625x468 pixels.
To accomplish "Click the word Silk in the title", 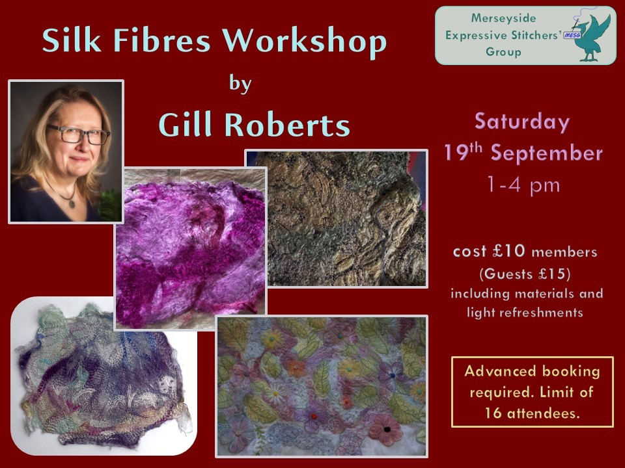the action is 72,40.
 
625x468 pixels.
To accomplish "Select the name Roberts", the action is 287,124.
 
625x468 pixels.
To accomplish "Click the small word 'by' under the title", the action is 240,83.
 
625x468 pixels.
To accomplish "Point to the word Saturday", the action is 522,122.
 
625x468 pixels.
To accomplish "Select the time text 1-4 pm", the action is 523,185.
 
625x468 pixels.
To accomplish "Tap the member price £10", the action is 509,251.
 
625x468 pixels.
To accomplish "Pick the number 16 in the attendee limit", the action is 493,413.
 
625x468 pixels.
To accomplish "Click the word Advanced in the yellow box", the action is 499,371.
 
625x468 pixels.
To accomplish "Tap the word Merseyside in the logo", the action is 503,18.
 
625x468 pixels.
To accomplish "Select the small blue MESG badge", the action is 572,36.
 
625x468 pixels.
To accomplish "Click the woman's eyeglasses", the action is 78,134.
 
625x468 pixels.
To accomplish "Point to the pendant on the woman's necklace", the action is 72,203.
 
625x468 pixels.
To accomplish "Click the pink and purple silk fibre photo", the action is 191,249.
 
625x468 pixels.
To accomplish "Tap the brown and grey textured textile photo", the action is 337,218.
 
